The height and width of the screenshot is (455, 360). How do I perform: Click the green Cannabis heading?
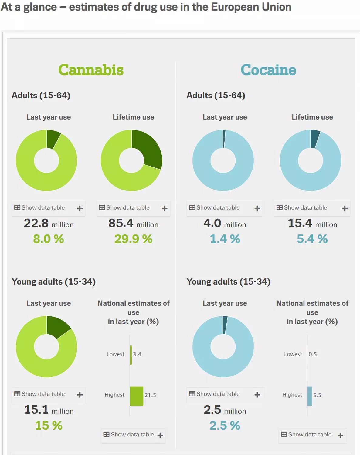(x=91, y=70)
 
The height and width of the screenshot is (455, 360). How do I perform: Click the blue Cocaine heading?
(x=268, y=70)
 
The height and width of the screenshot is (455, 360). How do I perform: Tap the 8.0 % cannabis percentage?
(x=49, y=239)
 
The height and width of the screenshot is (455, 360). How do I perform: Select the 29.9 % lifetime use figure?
(x=133, y=239)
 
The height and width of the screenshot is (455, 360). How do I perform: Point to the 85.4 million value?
(x=133, y=224)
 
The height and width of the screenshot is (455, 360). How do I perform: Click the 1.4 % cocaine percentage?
(x=225, y=239)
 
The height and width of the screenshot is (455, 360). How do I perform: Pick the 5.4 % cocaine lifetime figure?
(x=312, y=239)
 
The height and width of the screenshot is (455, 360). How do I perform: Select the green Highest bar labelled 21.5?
(x=136, y=396)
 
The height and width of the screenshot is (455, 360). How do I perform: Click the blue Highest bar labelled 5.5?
(x=310, y=396)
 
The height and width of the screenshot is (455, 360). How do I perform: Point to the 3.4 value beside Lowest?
(x=137, y=354)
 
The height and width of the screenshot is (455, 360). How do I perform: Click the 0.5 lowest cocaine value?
(x=313, y=354)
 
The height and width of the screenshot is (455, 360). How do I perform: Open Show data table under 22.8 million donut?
(x=43, y=208)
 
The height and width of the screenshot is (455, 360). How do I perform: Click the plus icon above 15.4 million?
(x=345, y=208)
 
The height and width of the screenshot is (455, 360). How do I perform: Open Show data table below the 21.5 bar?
(x=132, y=435)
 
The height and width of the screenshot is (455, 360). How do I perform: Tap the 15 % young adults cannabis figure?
(x=49, y=425)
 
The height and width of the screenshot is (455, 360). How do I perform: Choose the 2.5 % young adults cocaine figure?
(x=225, y=425)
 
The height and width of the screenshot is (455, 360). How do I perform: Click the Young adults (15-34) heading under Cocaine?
(x=228, y=282)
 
